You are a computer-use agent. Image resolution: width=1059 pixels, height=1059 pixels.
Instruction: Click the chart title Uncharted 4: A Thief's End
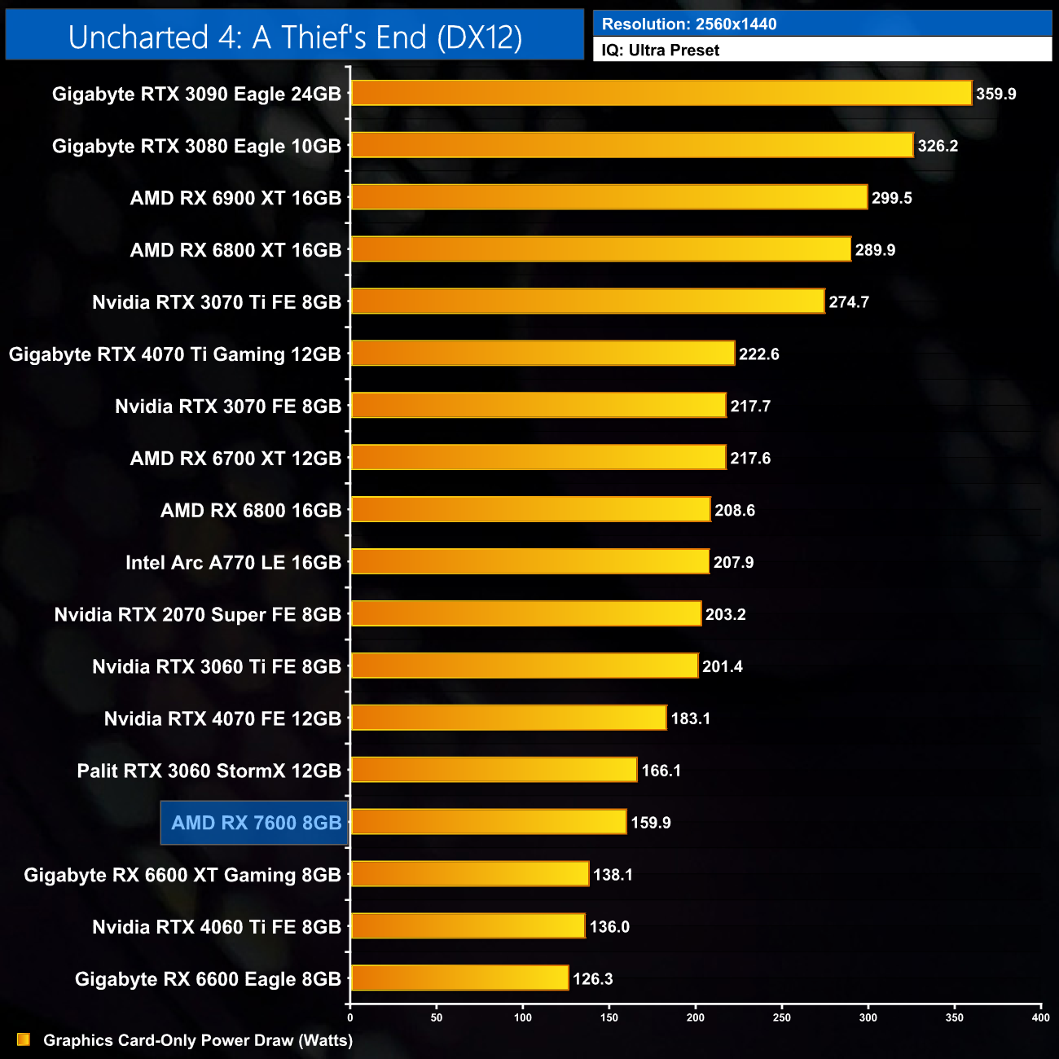coord(295,37)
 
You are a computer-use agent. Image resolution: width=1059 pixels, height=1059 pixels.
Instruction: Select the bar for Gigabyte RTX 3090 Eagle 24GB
coord(661,93)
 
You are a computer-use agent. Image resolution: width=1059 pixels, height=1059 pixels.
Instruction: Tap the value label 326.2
coord(938,146)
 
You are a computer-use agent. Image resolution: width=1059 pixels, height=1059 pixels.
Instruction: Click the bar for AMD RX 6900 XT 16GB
coord(609,197)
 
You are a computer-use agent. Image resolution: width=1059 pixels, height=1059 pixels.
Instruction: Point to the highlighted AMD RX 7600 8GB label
coord(255,823)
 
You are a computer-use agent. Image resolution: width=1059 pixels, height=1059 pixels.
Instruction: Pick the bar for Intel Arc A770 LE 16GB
coord(529,561)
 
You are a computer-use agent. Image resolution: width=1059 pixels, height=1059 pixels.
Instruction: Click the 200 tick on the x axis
coord(696,1017)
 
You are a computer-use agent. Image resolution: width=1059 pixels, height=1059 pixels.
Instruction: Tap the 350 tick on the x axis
coord(955,1017)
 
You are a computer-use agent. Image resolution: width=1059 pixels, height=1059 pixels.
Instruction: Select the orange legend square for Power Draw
coord(24,1039)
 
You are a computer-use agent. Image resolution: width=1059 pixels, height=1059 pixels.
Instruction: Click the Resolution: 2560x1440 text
coord(689,24)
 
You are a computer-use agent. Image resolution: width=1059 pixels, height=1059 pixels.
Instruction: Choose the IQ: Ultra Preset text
coord(661,51)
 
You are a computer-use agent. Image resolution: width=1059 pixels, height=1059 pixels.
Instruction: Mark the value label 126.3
coord(593,978)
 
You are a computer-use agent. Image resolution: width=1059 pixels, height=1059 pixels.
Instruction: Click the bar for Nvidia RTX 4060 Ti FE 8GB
coord(468,925)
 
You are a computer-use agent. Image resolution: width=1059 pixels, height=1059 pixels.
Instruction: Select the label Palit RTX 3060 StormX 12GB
coord(209,771)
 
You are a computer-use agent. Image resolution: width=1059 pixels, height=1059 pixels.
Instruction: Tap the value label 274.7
coord(849,302)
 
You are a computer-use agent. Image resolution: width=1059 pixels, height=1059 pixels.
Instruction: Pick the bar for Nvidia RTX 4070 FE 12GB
coord(508,718)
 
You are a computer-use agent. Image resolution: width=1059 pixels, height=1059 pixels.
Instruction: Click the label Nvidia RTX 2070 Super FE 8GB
coord(197,614)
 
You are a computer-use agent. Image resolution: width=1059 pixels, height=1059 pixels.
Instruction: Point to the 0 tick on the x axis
coord(350,1017)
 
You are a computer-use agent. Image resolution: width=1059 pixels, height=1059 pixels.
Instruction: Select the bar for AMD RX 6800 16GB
coord(530,509)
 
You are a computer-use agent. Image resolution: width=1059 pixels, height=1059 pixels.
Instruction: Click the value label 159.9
coord(651,823)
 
